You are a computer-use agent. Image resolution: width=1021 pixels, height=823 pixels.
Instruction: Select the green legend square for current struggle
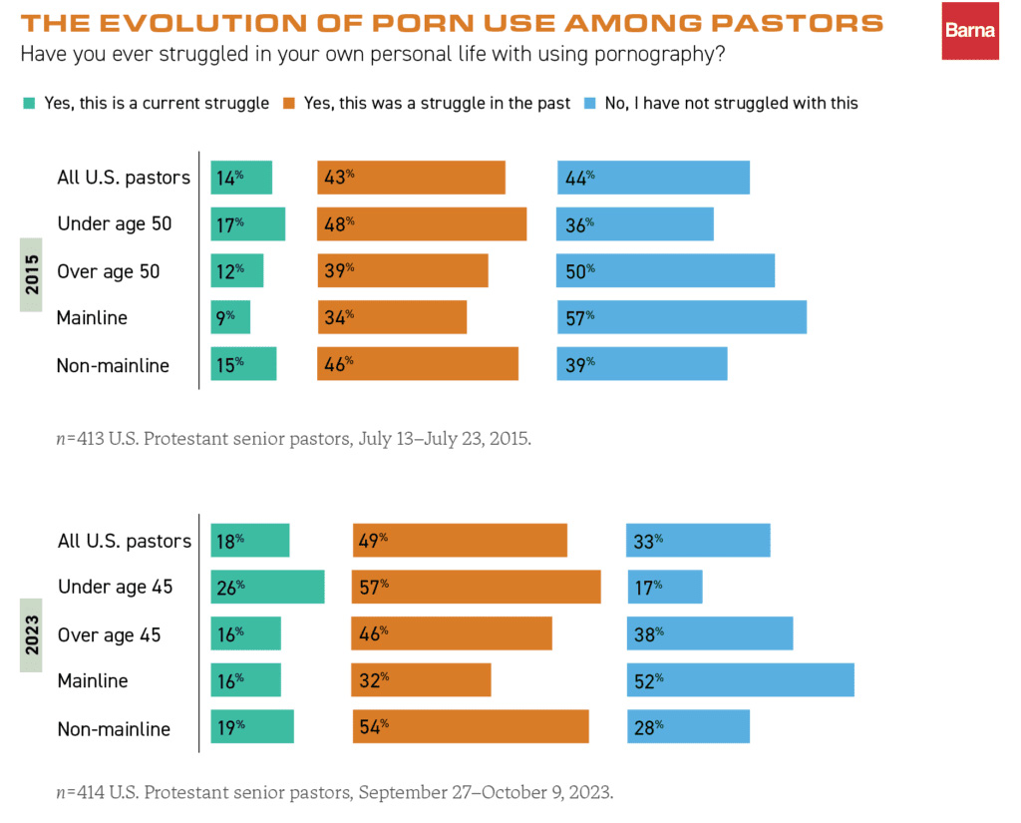click(28, 103)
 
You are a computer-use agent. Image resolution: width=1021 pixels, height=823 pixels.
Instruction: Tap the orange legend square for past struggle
click(289, 103)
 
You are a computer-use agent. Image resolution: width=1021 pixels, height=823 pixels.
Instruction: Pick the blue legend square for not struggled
click(588, 103)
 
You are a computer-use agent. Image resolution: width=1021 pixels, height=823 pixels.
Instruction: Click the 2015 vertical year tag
click(32, 274)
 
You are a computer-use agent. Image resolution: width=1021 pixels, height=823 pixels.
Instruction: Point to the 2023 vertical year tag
click(32, 635)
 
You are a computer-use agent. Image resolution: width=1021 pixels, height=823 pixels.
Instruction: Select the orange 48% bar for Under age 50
click(422, 224)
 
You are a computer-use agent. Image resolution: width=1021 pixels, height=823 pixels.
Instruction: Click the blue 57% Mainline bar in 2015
click(682, 317)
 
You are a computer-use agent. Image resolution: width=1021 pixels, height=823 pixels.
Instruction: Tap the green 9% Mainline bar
click(230, 317)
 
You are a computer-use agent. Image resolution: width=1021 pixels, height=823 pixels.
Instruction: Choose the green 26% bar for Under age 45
click(268, 587)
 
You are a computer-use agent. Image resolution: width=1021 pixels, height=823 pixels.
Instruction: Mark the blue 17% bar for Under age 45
click(665, 587)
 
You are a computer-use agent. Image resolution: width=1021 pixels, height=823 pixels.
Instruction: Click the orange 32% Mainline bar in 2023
click(422, 680)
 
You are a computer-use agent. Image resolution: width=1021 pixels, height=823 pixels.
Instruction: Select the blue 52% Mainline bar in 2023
click(741, 680)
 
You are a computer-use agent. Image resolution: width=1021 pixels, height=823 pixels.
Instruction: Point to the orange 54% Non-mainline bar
click(471, 727)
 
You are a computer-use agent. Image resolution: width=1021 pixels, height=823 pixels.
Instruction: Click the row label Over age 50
click(109, 271)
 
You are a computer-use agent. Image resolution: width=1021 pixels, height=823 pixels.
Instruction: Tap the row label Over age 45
click(110, 634)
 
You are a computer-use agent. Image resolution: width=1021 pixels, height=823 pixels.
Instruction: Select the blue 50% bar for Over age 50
click(666, 271)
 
